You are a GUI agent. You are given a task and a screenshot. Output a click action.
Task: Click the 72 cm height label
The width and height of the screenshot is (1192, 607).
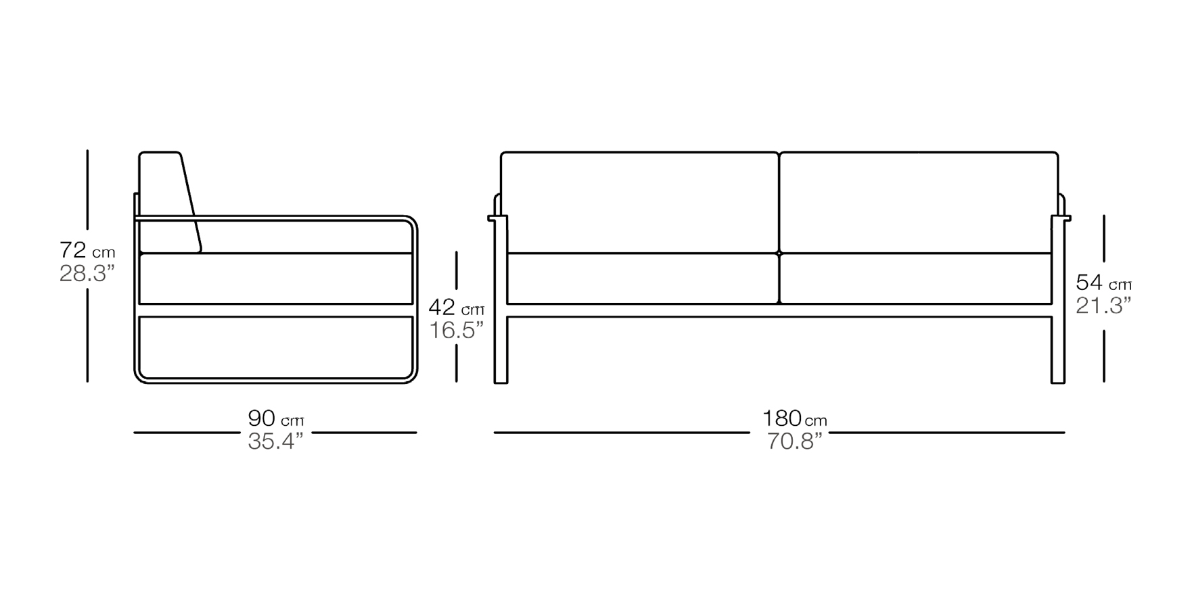click(x=87, y=251)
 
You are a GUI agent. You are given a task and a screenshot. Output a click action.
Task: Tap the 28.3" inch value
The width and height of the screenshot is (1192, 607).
click(x=87, y=274)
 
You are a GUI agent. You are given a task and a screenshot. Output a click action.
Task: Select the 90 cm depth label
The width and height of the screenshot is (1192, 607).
click(x=276, y=418)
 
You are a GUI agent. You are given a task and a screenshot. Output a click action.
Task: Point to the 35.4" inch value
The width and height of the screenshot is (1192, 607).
click(x=275, y=441)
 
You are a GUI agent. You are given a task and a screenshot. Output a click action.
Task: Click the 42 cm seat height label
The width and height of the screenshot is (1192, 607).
click(x=457, y=308)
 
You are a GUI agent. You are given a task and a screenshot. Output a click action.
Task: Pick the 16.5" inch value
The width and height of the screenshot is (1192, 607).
click(x=457, y=331)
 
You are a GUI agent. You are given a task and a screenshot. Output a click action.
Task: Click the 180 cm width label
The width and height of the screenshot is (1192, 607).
click(x=795, y=418)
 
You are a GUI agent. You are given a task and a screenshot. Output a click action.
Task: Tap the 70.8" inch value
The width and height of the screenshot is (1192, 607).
click(x=794, y=441)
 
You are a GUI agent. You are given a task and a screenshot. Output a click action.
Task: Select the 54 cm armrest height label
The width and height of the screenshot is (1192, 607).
click(x=1104, y=282)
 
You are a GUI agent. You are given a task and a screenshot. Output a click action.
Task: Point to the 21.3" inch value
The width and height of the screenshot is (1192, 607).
click(x=1103, y=306)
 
